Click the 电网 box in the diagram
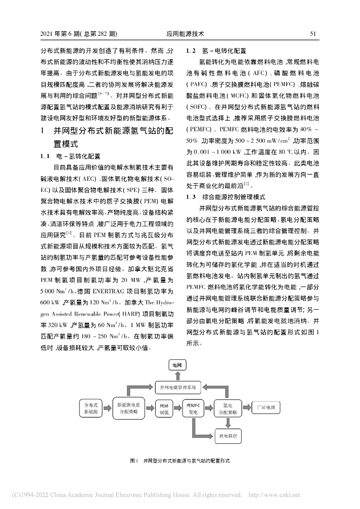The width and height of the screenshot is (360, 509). pos(177,365)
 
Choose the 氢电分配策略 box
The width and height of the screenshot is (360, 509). pos(227,409)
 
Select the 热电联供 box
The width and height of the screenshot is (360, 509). pos(228,436)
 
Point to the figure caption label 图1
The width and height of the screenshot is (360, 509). pos(133,461)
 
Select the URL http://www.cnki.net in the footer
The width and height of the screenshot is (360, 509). pos(274,495)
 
